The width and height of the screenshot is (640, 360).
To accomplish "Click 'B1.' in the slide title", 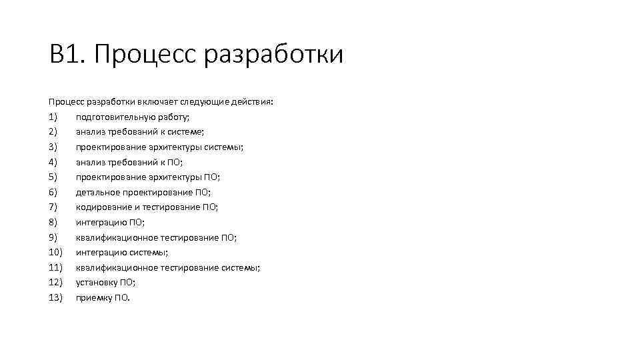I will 67,54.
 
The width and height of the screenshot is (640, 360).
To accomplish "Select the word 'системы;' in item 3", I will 223,147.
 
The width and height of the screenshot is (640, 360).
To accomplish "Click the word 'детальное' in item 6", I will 95,192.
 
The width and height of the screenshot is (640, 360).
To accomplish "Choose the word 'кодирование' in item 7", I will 99,207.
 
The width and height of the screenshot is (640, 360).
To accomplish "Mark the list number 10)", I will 55,252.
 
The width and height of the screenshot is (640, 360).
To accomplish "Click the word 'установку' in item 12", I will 96,282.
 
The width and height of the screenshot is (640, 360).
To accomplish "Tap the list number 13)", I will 55,297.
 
